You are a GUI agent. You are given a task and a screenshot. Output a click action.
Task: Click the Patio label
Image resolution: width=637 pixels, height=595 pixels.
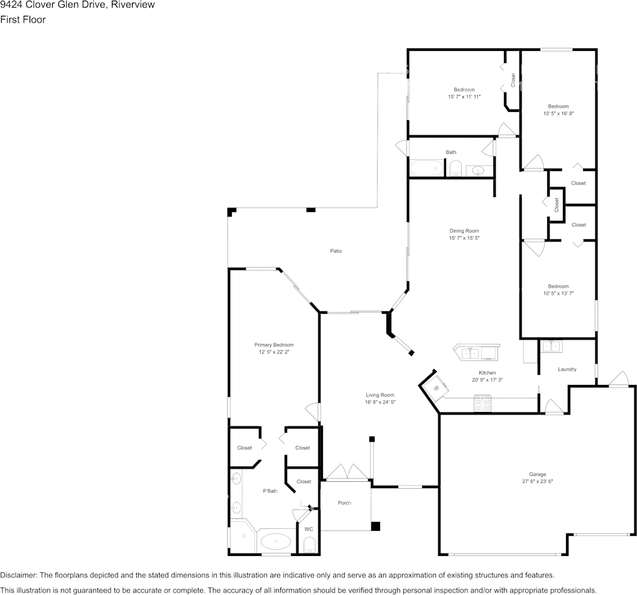[x=335, y=251]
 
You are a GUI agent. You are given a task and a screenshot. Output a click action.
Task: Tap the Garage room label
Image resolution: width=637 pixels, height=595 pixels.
[x=538, y=474]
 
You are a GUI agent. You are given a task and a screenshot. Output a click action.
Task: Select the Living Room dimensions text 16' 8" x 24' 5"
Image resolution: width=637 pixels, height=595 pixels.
[x=380, y=403]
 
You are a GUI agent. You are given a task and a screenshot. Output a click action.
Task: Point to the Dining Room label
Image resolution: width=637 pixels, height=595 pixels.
[x=464, y=231]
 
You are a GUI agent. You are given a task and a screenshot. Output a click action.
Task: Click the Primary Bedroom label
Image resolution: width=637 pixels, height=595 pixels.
[x=274, y=345]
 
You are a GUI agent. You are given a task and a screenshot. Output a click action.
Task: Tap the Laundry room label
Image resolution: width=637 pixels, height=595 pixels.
[x=567, y=369]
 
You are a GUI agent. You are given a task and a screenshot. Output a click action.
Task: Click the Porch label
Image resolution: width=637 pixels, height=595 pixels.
[x=344, y=503]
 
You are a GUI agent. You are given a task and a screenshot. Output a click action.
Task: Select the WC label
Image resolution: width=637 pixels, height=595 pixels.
[x=308, y=529]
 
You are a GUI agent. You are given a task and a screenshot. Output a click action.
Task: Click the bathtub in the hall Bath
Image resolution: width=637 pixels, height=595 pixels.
[x=426, y=168]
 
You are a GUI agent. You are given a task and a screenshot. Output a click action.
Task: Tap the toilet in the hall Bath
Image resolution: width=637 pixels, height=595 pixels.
[x=455, y=169]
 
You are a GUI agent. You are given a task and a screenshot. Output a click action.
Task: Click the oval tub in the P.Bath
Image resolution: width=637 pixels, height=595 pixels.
[x=275, y=542]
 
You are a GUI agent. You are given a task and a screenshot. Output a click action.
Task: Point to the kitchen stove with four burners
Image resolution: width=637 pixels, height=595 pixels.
[x=482, y=404]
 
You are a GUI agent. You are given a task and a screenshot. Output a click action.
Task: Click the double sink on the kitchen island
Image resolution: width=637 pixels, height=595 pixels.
[x=470, y=353]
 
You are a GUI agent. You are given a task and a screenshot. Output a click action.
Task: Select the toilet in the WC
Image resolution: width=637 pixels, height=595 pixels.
[x=310, y=545]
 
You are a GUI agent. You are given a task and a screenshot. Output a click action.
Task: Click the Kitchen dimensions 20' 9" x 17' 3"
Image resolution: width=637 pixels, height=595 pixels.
[x=487, y=380]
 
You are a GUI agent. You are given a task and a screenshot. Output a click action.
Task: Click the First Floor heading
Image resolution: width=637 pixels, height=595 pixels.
[x=23, y=19]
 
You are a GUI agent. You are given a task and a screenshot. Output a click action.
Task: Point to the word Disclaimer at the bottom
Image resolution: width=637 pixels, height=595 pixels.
[x=18, y=575]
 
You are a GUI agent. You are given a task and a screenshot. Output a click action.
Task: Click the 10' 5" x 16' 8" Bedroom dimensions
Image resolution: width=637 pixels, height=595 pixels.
[x=558, y=113]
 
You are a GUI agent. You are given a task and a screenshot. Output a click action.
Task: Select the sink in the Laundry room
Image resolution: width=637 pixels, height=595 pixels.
[x=552, y=346]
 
